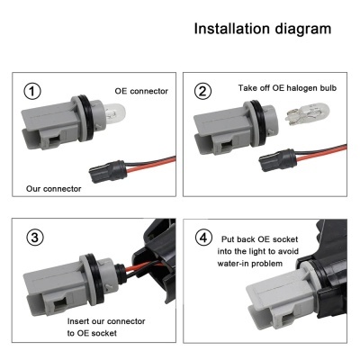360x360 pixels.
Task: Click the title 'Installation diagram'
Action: pos(262,29)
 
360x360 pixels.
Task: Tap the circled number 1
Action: pos(33,91)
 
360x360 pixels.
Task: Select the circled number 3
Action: pos(34,237)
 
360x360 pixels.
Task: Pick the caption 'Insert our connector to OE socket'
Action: pos(105,327)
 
